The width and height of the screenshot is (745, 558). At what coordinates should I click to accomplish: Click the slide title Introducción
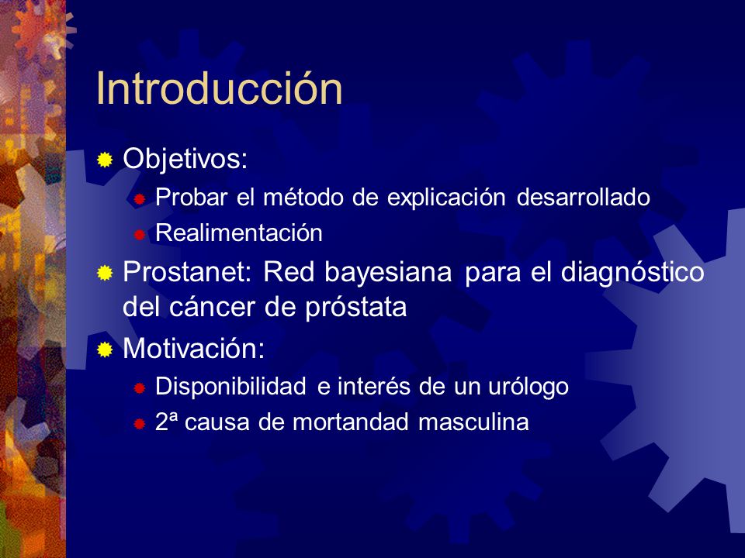click(219, 88)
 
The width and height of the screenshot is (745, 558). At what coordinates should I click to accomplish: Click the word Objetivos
click(182, 159)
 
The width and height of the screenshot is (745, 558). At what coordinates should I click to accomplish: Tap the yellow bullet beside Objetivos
click(105, 160)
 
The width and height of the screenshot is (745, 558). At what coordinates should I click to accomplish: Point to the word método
click(303, 197)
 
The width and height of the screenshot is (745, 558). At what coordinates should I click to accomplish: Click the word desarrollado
click(584, 197)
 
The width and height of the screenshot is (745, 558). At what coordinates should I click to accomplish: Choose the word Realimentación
click(239, 232)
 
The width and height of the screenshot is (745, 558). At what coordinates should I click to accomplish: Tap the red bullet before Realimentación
click(139, 234)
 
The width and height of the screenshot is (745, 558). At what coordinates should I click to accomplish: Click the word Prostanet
click(185, 272)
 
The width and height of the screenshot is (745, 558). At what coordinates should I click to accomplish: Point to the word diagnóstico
click(632, 273)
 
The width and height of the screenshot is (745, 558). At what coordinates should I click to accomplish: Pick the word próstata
click(356, 308)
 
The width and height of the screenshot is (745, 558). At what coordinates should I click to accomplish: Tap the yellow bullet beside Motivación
click(105, 350)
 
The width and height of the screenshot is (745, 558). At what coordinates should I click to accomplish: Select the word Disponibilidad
click(230, 387)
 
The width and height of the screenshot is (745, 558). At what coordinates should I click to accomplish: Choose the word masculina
click(473, 422)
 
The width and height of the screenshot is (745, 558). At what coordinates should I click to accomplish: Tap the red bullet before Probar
click(139, 199)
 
